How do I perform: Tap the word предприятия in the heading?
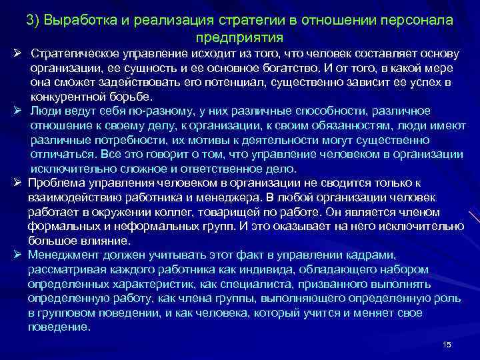(x=241, y=37)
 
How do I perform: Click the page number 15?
(x=447, y=344)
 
